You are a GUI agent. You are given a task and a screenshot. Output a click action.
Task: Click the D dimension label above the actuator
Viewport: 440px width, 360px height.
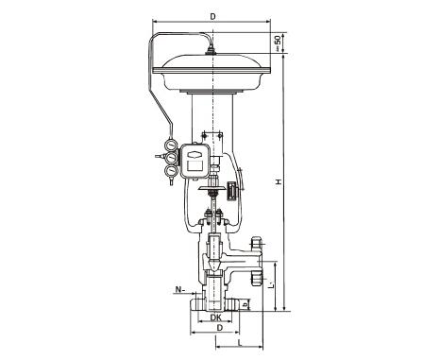coord(213,17)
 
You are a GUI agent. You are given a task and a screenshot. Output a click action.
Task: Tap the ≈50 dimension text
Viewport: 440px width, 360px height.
coord(278,43)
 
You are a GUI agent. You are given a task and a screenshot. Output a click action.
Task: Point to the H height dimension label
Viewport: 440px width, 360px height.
coord(279,181)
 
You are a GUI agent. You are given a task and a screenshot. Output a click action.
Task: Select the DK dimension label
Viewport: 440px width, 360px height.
coord(215,317)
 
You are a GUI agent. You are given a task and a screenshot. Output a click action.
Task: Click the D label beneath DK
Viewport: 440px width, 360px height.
coord(220,328)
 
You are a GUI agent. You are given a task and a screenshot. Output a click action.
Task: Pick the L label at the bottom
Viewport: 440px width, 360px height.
coord(240,343)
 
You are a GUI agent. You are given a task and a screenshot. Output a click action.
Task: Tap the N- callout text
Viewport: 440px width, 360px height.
coord(179,289)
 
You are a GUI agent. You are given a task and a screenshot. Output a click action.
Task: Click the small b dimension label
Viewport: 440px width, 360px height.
coord(246,305)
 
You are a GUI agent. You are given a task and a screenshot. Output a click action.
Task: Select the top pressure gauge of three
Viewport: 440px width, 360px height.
coord(172,146)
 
